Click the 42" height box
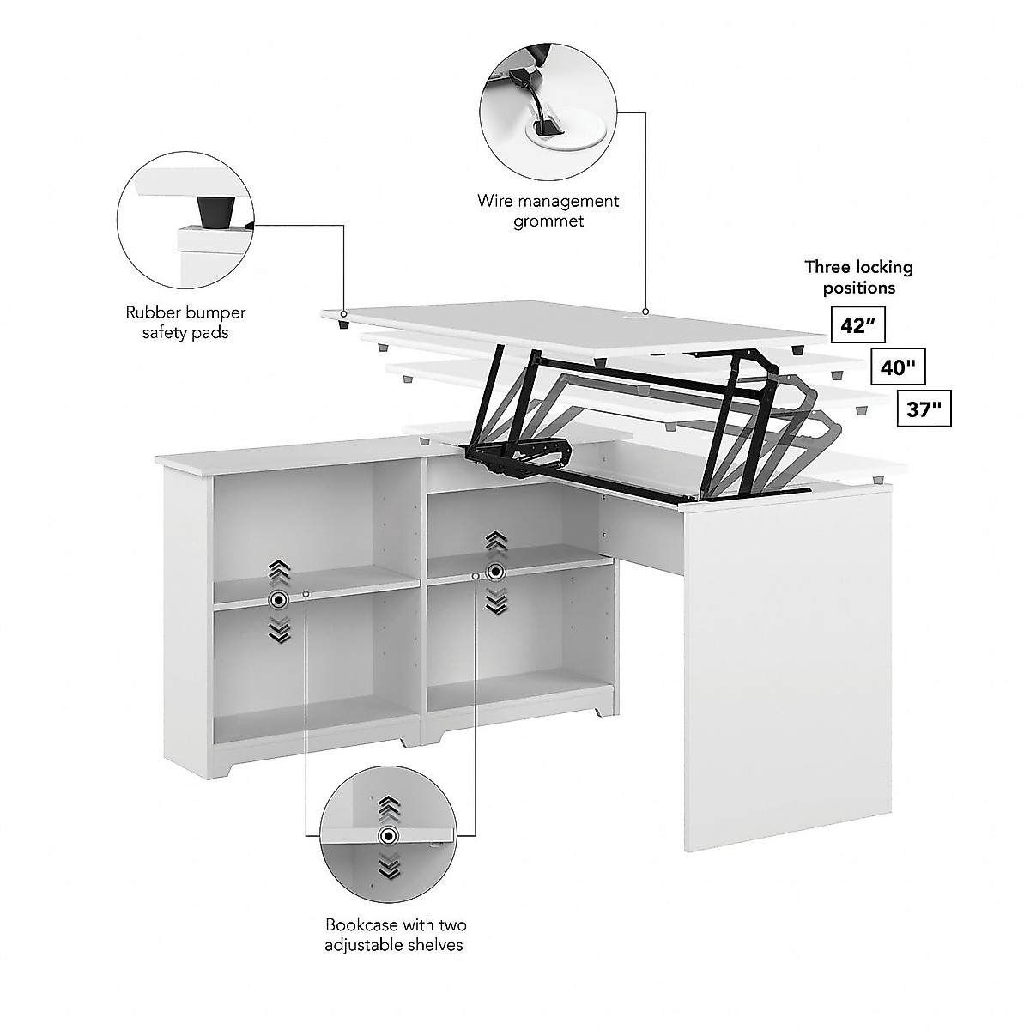tap(855, 326)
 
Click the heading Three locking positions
tap(858, 276)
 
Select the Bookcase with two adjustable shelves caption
tap(395, 935)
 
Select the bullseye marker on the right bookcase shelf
tap(495, 572)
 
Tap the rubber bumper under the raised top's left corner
tap(343, 324)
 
